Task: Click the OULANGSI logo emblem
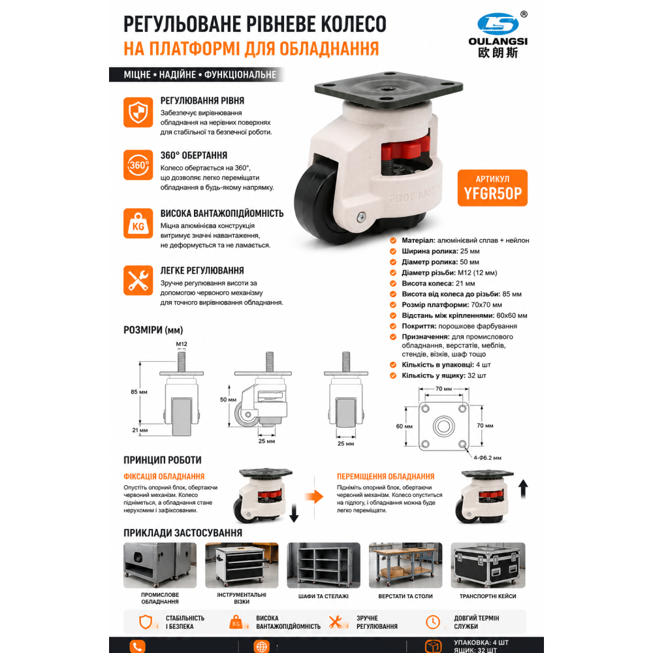click(498, 24)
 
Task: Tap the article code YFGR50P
click(492, 194)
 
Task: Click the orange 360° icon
click(138, 165)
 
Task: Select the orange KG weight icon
click(138, 223)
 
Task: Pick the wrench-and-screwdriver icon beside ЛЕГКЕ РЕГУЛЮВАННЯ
click(138, 280)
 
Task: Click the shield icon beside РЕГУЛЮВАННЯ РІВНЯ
click(138, 112)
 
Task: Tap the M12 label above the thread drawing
click(182, 344)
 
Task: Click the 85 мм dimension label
click(139, 392)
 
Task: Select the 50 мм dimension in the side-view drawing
click(228, 400)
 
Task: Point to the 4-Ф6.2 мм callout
click(487, 458)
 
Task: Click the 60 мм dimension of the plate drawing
click(404, 426)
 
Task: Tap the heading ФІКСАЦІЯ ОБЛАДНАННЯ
click(164, 477)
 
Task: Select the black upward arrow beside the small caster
click(524, 489)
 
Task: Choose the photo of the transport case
click(488, 565)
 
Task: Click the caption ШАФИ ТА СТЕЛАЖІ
click(323, 596)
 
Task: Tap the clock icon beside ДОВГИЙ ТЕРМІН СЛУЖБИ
click(433, 622)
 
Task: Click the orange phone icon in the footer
click(137, 646)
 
